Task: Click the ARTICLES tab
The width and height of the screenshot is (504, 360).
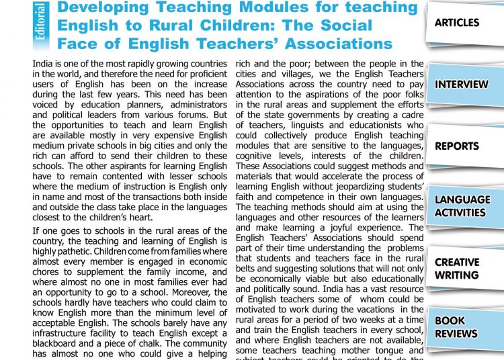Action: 457,23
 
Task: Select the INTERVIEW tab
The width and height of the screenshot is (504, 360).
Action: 462,85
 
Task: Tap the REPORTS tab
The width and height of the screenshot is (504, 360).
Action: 457,146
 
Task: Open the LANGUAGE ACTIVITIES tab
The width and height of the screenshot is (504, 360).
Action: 462,206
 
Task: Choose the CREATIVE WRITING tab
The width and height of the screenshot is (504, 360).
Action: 457,268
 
